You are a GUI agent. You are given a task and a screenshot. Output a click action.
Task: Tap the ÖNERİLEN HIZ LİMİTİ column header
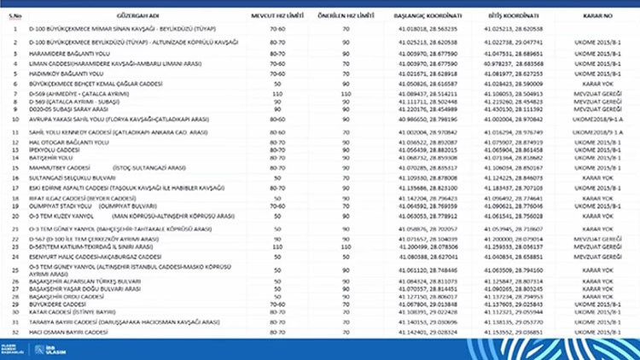(x=346, y=15)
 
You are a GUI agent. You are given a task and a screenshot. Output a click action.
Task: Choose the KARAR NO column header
(x=596, y=15)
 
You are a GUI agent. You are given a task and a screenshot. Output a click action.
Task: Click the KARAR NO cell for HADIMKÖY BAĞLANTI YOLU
(x=596, y=75)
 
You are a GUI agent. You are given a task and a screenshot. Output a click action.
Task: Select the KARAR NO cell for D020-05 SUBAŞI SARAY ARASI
(x=596, y=109)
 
